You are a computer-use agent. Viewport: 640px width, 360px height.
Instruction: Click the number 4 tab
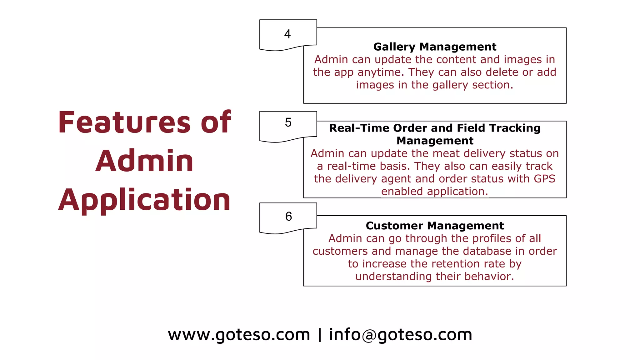click(288, 34)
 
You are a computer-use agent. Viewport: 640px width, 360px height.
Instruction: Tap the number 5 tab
click(288, 122)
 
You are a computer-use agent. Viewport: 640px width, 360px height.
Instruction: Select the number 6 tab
click(288, 216)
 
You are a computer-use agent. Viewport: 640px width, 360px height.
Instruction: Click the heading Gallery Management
click(435, 47)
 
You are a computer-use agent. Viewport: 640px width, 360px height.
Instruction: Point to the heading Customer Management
click(435, 226)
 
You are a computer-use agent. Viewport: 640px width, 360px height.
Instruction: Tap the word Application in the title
click(144, 200)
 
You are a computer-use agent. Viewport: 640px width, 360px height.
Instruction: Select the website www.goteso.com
click(239, 335)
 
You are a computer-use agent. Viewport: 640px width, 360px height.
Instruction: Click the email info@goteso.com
click(400, 335)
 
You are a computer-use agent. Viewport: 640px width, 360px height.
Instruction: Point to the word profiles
click(492, 238)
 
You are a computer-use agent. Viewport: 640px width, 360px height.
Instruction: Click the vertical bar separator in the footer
click(319, 335)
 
